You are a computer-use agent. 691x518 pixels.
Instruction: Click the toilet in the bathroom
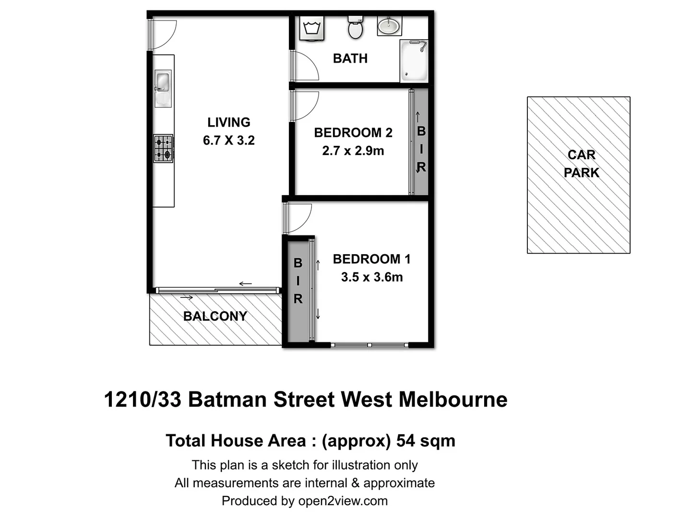pyautogui.click(x=355, y=28)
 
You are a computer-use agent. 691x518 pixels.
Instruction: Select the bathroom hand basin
pyautogui.click(x=389, y=25)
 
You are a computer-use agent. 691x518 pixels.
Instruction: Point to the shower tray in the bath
pyautogui.click(x=414, y=61)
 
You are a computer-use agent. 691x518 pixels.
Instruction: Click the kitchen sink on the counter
pyautogui.click(x=163, y=82)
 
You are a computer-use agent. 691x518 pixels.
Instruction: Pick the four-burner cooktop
pyautogui.click(x=163, y=149)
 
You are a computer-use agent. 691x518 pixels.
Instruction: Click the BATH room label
pyautogui.click(x=350, y=59)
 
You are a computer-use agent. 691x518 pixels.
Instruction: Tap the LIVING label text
pyautogui.click(x=229, y=122)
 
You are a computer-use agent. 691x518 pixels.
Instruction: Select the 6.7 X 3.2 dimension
pyautogui.click(x=229, y=141)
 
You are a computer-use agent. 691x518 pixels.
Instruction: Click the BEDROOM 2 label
pyautogui.click(x=353, y=133)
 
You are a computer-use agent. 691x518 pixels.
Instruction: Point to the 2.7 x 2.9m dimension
pyautogui.click(x=353, y=151)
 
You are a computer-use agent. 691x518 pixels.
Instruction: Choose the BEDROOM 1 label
pyautogui.click(x=372, y=259)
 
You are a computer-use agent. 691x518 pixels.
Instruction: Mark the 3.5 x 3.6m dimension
pyautogui.click(x=372, y=277)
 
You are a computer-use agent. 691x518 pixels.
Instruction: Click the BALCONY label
pyautogui.click(x=215, y=317)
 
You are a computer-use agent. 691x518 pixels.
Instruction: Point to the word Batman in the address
pyautogui.click(x=228, y=400)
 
